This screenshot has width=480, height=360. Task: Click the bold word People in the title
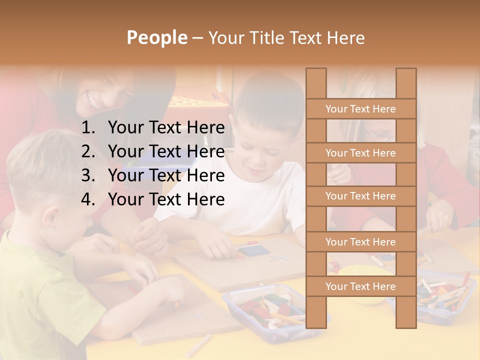coord(156,37)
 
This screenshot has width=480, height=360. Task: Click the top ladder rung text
coord(360,109)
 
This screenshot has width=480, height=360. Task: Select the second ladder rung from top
coord(360,153)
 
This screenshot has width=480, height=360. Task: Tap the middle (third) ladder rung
coord(360,196)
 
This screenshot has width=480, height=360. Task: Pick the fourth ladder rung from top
coord(360,242)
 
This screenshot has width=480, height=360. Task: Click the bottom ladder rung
coord(360,286)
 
